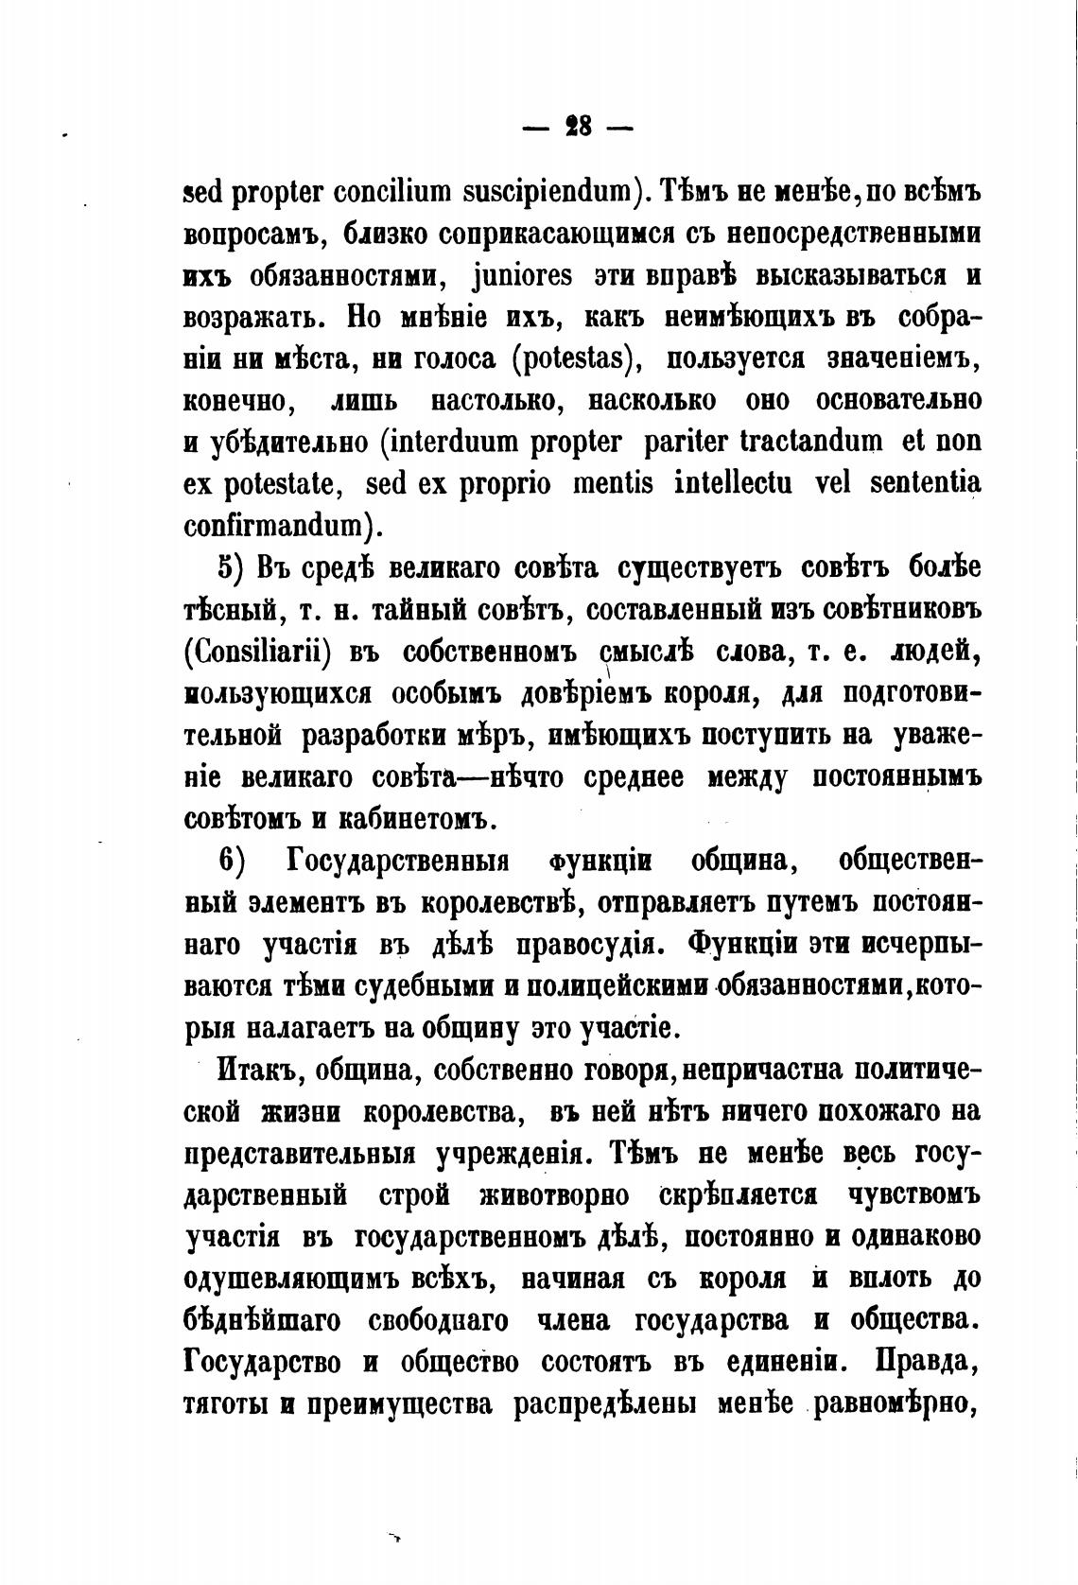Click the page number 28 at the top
click(578, 128)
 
